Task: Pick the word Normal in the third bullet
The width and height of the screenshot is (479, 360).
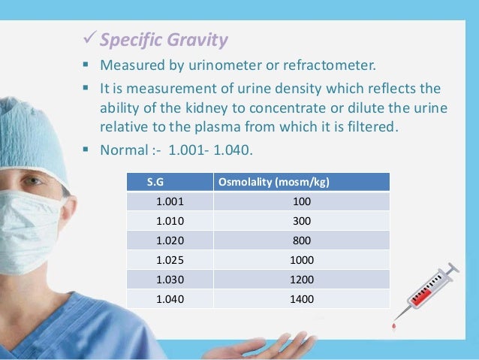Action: (123, 151)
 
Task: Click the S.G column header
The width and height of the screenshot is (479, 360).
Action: (155, 183)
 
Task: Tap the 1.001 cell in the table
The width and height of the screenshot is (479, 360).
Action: (168, 202)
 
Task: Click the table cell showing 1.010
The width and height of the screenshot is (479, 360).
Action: (168, 222)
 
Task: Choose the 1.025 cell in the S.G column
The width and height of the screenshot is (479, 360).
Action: (168, 260)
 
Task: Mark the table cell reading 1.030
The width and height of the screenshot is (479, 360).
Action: (168, 280)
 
